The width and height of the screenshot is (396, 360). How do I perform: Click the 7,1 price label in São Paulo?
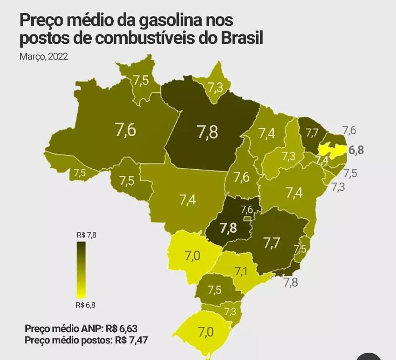(241, 271)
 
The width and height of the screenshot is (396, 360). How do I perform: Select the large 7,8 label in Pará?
(208, 132)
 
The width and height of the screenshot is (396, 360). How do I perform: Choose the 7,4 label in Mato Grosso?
(188, 200)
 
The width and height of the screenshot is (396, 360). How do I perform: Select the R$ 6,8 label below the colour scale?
(86, 305)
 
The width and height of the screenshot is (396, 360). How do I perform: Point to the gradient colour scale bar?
(81, 270)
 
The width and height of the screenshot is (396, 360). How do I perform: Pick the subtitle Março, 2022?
(44, 57)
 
